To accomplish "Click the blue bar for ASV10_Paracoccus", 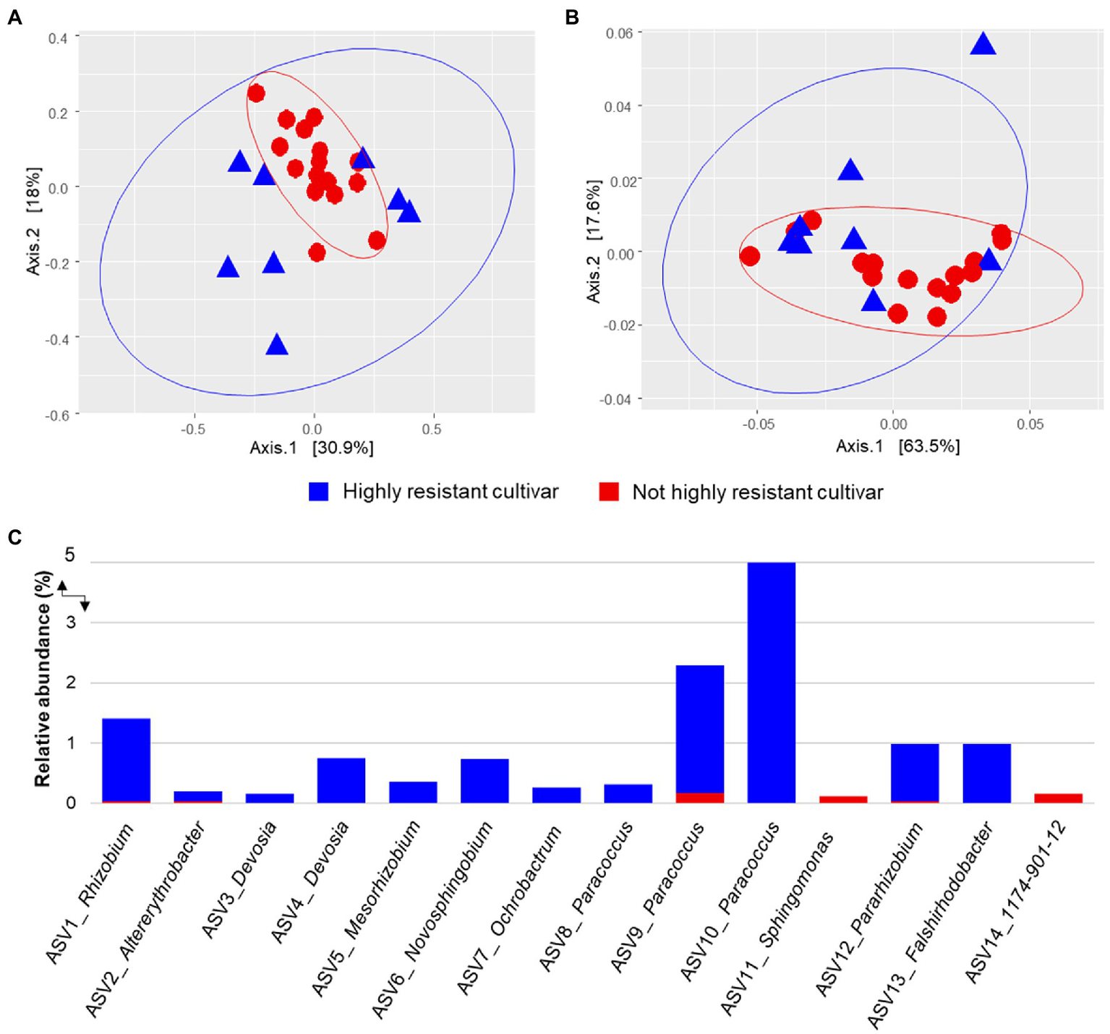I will [771, 682].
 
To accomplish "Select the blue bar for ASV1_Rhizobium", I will [126, 759].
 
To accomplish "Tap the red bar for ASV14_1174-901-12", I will [1058, 798].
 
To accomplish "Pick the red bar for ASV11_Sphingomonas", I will [842, 799].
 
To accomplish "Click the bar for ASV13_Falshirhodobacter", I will [986, 773].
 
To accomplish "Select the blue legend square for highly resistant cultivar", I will [318, 492].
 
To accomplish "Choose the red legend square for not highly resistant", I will [609, 492].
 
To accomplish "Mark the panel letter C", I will [14, 537].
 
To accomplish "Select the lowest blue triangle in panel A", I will [277, 345].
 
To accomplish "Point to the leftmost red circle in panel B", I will [750, 256].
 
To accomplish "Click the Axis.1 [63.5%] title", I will [897, 446].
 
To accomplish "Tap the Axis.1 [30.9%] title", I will [312, 448].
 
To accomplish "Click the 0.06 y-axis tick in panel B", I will [618, 33].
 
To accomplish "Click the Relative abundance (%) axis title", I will [43, 678].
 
